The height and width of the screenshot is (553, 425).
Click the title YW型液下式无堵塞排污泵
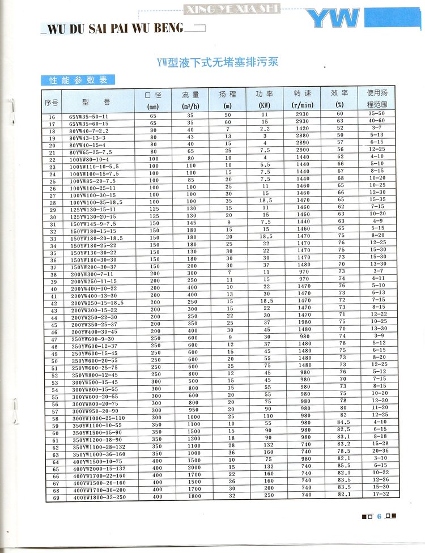coord(217,62)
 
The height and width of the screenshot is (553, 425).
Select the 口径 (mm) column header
coord(153,99)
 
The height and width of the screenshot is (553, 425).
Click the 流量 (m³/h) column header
coord(190,99)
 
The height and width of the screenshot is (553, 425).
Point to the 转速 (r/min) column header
coord(303,99)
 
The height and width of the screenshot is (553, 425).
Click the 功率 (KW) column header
coord(265,99)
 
